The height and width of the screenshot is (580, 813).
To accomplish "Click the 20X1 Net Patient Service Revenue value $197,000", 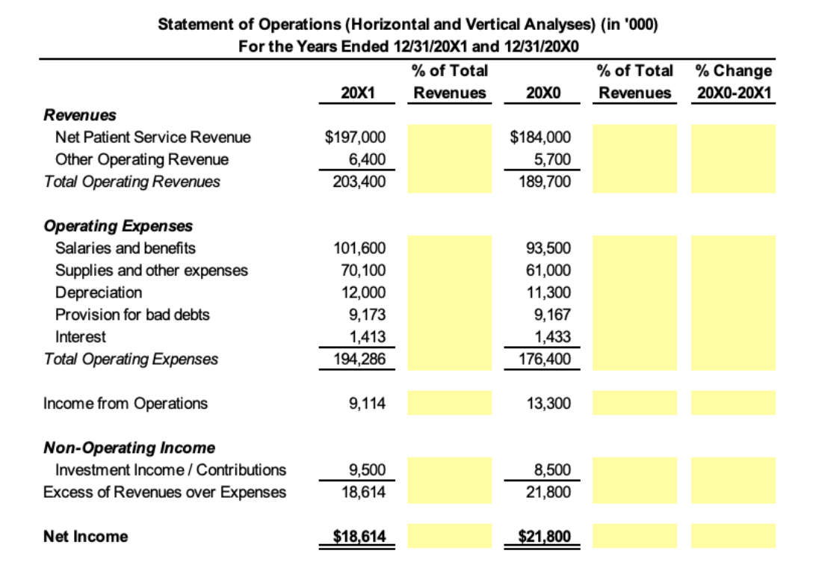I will click(x=356, y=138).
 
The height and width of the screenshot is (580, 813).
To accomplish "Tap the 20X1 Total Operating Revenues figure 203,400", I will click(x=359, y=182).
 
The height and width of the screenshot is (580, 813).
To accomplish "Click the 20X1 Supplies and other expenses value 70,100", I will click(x=362, y=271).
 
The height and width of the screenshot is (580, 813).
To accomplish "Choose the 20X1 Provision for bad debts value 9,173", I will click(x=367, y=315).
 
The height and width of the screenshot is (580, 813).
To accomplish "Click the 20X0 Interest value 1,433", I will click(x=555, y=337).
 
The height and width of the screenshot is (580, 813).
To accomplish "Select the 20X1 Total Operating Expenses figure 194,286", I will click(x=359, y=360).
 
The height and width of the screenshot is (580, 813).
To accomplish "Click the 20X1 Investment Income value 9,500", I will click(x=367, y=470).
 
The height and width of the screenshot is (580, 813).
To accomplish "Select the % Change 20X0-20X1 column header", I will click(x=734, y=82).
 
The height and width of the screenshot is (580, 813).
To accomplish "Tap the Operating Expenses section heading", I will click(x=118, y=226).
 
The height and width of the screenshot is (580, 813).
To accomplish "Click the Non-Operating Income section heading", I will click(x=129, y=448).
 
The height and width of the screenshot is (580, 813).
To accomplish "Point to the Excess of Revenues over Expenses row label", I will click(x=164, y=492).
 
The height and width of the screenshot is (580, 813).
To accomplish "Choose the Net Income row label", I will click(x=85, y=537).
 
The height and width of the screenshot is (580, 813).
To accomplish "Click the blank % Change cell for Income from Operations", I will click(x=733, y=404).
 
